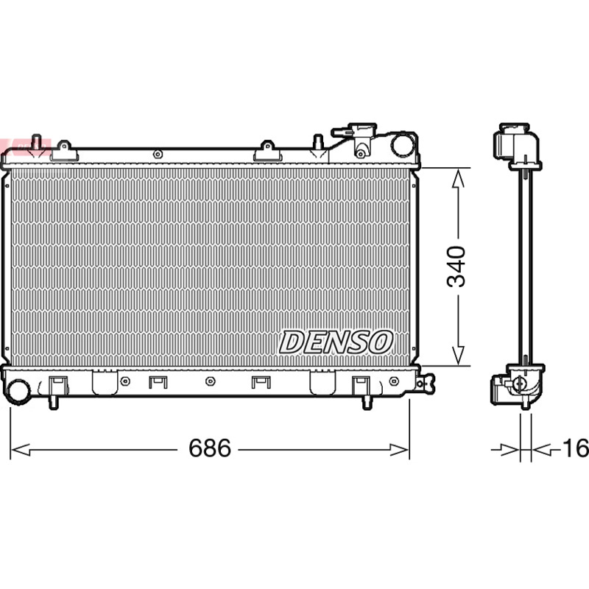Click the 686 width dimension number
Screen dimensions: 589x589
(210, 448)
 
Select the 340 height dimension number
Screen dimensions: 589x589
(456, 267)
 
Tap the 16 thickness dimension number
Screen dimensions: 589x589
(575, 448)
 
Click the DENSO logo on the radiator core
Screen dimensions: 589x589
(336, 342)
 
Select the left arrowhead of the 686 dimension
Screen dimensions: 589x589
(21, 450)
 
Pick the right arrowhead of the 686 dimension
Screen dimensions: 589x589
(399, 450)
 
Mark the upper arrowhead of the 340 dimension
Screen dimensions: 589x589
(458, 178)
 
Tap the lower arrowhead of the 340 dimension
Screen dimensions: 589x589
(458, 355)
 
